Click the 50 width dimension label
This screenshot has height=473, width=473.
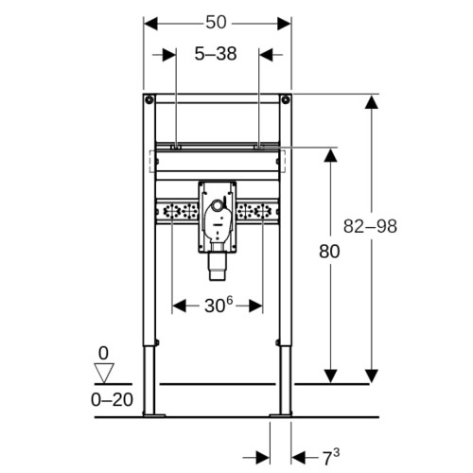216,23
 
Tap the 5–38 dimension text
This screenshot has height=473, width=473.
216,54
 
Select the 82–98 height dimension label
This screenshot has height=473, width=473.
370,226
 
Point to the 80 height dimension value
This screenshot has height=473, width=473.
329,252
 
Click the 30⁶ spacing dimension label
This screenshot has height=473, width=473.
219,305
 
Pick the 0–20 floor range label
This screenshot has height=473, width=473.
112,400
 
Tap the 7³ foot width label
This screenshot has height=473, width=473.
330,458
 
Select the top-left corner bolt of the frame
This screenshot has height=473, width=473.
149,100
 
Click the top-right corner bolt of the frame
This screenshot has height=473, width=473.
286,100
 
